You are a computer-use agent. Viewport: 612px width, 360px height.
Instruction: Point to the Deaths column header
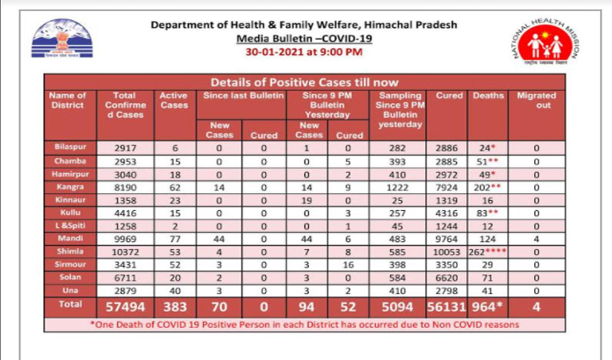point(489,97)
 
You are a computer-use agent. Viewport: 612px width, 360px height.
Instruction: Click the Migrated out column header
point(537,102)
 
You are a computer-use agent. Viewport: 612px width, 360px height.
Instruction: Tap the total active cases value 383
point(173,303)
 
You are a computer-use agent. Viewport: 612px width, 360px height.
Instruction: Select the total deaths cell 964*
point(490,303)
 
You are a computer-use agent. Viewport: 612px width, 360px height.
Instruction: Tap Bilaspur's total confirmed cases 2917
point(124,147)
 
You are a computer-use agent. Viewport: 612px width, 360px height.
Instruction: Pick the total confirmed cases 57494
point(124,303)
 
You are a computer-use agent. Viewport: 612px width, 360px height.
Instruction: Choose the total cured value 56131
point(449,303)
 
